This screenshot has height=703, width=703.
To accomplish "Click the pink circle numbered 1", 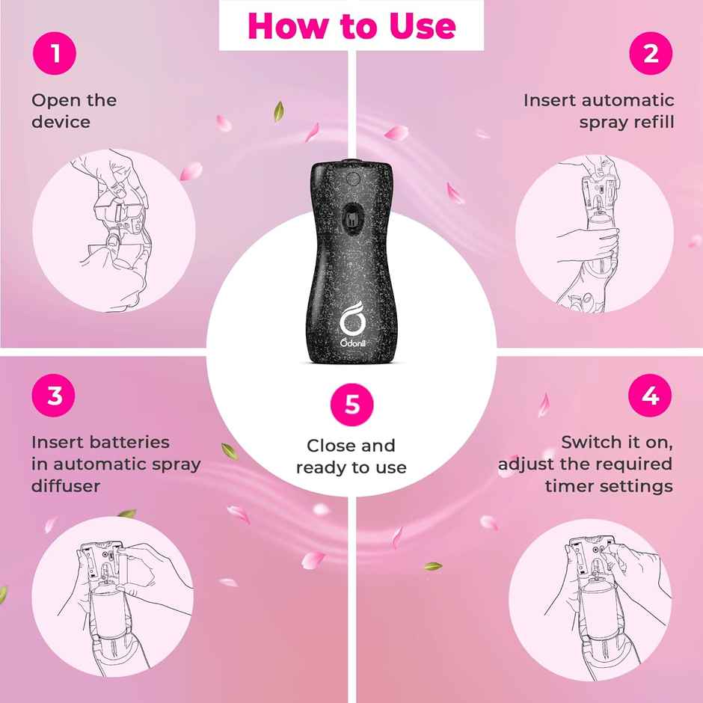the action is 55,53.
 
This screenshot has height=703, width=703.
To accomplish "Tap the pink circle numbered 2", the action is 651,53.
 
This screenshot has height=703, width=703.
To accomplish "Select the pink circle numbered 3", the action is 53,396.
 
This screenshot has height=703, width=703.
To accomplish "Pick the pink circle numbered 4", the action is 650,396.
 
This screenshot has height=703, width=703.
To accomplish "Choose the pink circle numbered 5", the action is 352,405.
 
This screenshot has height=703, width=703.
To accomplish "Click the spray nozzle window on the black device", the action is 352,217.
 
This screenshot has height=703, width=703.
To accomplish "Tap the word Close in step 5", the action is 328,446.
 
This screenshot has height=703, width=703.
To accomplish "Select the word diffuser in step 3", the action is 66,486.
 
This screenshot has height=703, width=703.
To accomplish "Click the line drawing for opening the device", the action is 114,230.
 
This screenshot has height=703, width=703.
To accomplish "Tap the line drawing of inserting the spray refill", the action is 595,233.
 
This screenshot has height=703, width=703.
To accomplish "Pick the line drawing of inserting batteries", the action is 112,596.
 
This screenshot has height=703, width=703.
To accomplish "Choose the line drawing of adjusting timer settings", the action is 590,600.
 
